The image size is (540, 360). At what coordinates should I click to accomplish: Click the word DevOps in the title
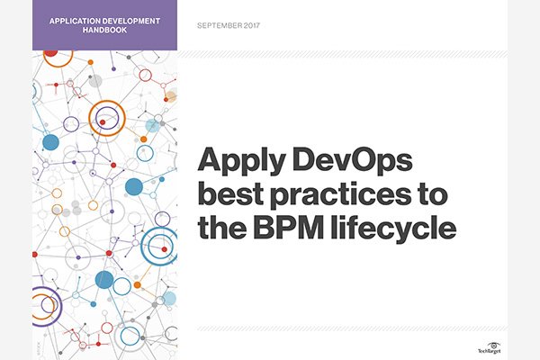coord(352,159)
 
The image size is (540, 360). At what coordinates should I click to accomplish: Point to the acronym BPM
coord(289,228)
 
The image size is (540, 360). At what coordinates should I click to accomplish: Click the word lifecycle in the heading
coord(393,230)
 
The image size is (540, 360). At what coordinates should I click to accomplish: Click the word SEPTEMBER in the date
coord(220,25)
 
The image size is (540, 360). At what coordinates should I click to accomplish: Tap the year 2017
coord(252,25)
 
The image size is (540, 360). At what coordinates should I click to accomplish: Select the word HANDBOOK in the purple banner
coord(104,30)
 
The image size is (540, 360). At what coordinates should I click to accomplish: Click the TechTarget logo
coord(490,348)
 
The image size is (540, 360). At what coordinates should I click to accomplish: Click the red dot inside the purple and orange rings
coord(103,122)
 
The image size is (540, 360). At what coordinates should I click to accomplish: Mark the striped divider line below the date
coord(342,54)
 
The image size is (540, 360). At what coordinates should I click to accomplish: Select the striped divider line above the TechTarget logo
coord(352,328)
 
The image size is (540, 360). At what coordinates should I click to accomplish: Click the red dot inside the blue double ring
coord(165,249)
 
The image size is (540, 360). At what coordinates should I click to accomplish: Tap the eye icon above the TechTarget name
coord(494,346)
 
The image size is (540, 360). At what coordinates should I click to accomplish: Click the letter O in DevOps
coord(368,160)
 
